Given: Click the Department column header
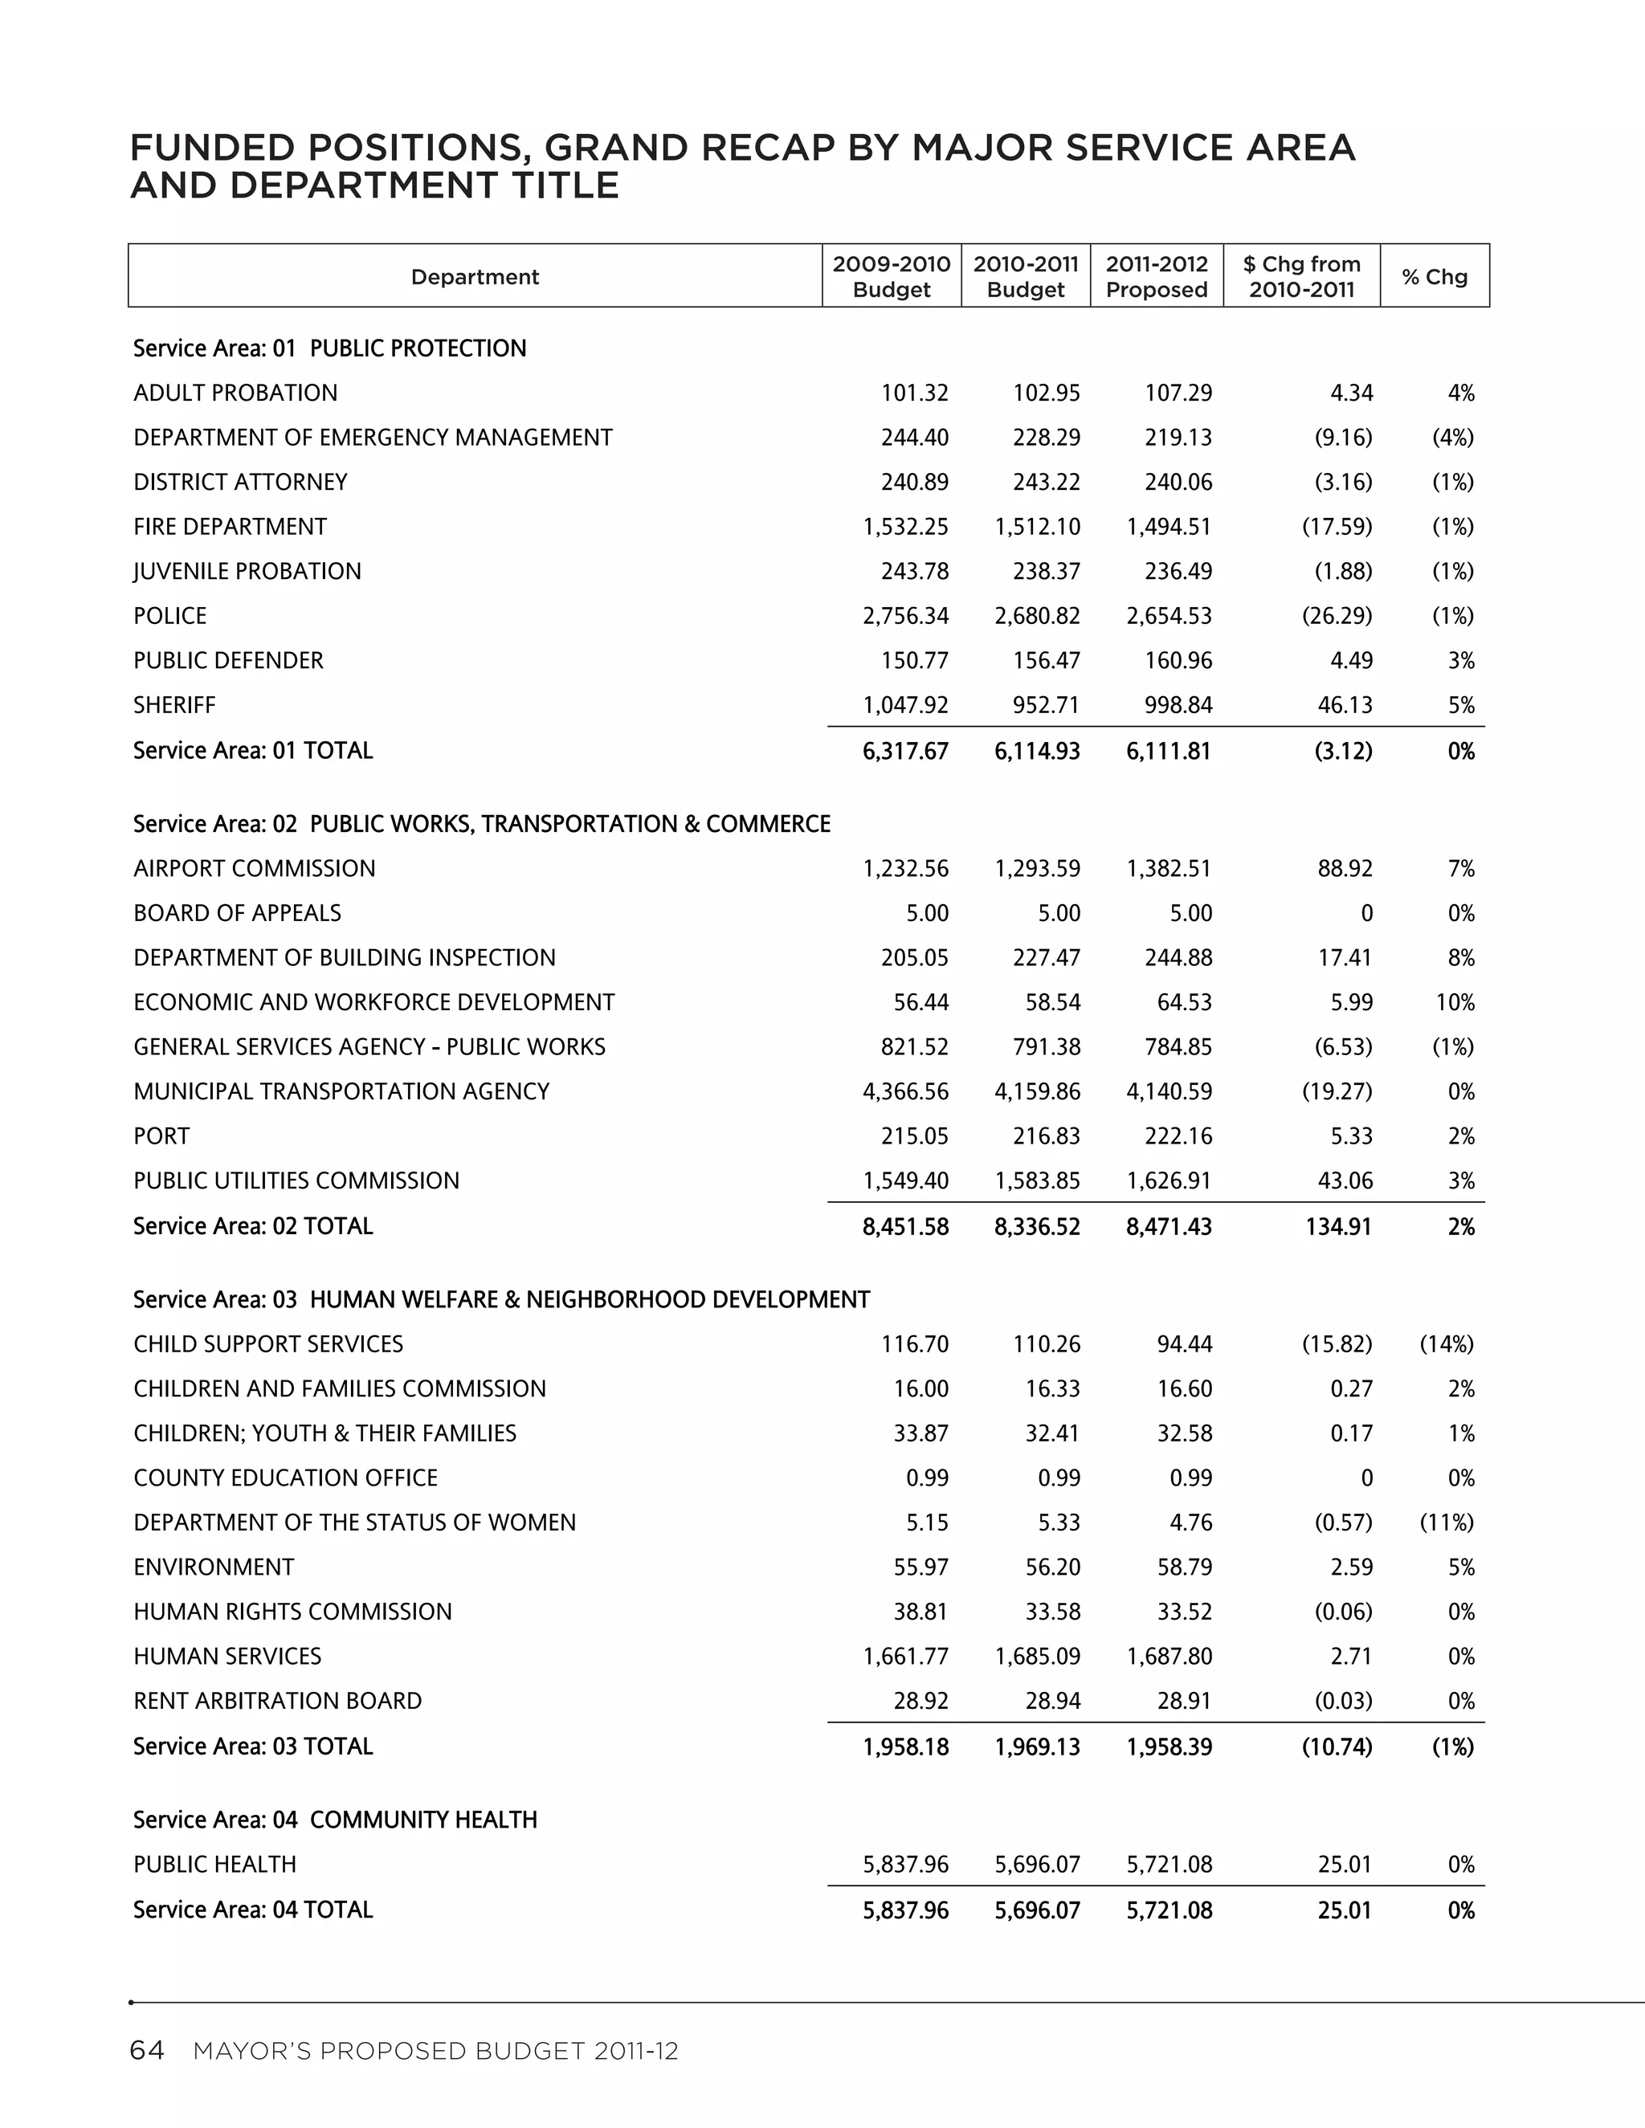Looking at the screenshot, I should [x=475, y=277].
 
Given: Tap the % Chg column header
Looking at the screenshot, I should [x=1434, y=277].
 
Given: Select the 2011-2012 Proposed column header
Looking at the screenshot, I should [x=1156, y=277].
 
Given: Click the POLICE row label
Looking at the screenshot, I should [x=170, y=616].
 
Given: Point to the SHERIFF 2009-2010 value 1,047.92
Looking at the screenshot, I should [x=905, y=704].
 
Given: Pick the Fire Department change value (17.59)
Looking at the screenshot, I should [x=1337, y=526].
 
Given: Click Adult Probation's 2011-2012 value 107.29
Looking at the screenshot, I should [x=1178, y=393].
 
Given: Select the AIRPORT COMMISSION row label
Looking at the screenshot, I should [x=255, y=868].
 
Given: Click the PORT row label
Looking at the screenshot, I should [x=161, y=1136].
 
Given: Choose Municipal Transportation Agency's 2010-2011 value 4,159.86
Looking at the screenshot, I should [x=1037, y=1091].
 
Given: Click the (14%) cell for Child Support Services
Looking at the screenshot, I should [x=1446, y=1343].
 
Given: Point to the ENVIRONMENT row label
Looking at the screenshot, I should [x=214, y=1567].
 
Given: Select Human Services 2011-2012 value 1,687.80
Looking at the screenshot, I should [x=1169, y=1656].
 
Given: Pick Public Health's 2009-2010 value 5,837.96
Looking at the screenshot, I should [x=905, y=1864].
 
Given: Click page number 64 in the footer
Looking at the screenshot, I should [x=147, y=2051].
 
